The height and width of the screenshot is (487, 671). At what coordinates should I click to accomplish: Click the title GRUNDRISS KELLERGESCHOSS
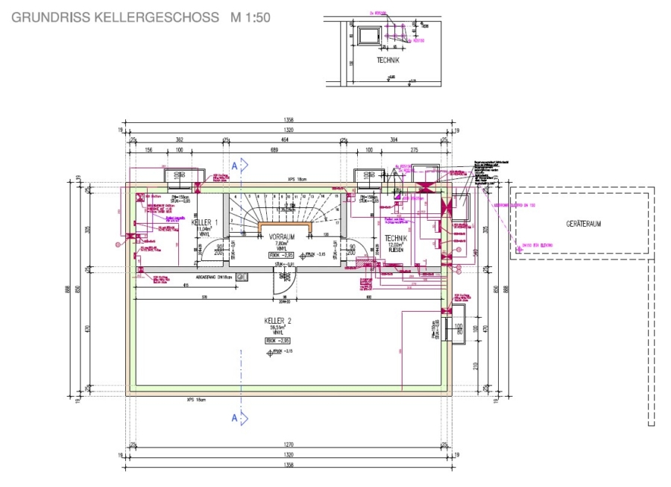(x=116, y=17)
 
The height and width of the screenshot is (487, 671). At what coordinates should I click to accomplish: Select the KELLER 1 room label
(x=205, y=223)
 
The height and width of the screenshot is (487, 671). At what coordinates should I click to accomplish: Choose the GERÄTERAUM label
(x=584, y=223)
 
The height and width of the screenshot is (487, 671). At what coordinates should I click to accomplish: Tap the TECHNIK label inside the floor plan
(x=395, y=238)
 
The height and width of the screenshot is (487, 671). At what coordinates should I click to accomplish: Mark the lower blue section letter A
(x=234, y=418)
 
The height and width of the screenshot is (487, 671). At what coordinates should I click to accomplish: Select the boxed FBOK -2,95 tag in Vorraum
(x=281, y=254)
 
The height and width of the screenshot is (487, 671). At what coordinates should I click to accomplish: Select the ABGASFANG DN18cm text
(x=215, y=277)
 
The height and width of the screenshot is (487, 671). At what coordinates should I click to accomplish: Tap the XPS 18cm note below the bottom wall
(x=196, y=399)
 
